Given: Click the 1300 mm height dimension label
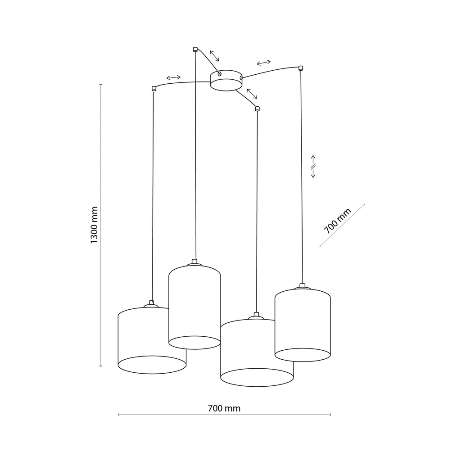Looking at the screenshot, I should tap(94, 225).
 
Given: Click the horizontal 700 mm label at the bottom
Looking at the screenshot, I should tap(224, 409).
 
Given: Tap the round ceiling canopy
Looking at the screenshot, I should tap(226, 81).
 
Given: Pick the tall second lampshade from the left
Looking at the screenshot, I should tap(194, 306).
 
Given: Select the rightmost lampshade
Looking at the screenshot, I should tap(303, 324).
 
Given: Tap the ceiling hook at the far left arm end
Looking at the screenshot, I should tap(154, 88).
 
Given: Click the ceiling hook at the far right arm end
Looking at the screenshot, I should tap(300, 68).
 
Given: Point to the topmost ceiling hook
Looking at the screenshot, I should tap(195, 49).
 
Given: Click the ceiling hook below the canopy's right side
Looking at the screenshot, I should tap(257, 108).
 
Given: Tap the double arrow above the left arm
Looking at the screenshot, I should tap(173, 77).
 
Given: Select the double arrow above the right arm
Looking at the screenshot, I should tap(263, 62).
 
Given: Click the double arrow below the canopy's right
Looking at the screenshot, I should tap(252, 94).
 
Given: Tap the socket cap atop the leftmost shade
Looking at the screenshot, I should tap(151, 304).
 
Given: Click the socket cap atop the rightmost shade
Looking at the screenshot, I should tap(302, 286).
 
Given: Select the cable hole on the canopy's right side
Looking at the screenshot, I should tap(242, 78).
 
